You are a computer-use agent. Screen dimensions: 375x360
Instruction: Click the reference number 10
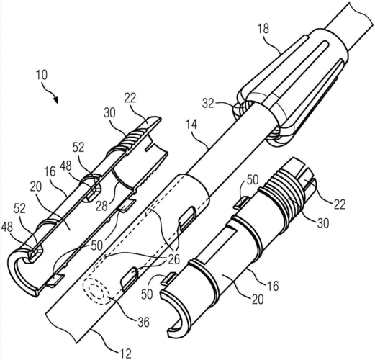pyautogui.click(x=42, y=75)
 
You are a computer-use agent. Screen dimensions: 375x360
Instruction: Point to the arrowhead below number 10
pyautogui.click(x=55, y=99)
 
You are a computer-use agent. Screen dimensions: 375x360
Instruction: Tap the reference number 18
pyautogui.click(x=263, y=29)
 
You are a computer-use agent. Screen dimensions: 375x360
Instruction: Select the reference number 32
pyautogui.click(x=208, y=104)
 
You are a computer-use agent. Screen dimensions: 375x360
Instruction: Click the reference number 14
pyautogui.click(x=191, y=125)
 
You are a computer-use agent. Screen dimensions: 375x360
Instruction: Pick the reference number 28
pyautogui.click(x=101, y=206)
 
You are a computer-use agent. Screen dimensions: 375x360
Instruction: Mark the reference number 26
pyautogui.click(x=173, y=259)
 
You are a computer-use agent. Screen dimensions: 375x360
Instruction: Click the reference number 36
pyautogui.click(x=143, y=322)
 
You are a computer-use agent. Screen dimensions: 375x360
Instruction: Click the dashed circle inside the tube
pyautogui.click(x=96, y=291)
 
